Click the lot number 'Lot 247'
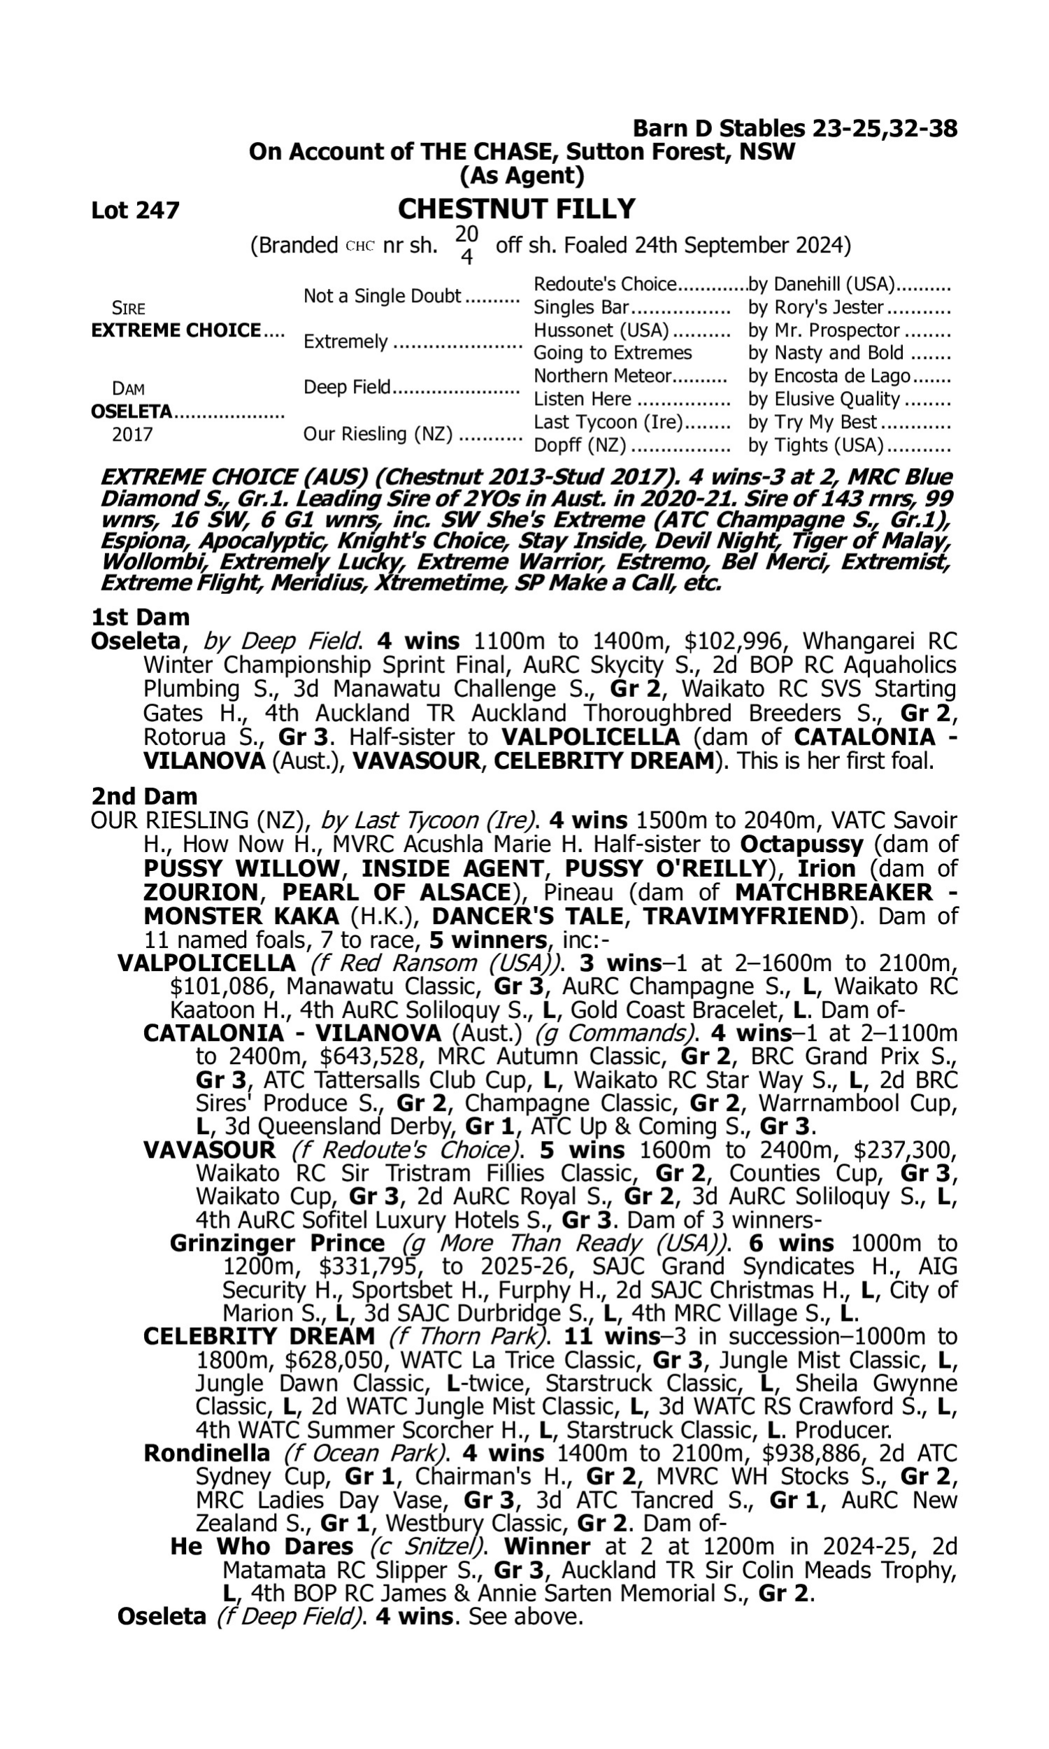(135, 210)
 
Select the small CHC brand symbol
(359, 247)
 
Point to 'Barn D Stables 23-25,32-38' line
(794, 128)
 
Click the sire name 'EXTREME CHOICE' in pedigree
(176, 330)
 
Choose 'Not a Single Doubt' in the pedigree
(383, 295)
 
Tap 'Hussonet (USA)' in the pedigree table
(601, 330)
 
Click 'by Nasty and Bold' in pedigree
(826, 353)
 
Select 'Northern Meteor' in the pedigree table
(601, 376)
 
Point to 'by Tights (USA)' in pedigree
(815, 445)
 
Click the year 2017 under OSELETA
(132, 434)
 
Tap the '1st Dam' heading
(140, 617)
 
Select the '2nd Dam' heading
(144, 796)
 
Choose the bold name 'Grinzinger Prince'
(277, 1243)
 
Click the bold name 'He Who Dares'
(262, 1547)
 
